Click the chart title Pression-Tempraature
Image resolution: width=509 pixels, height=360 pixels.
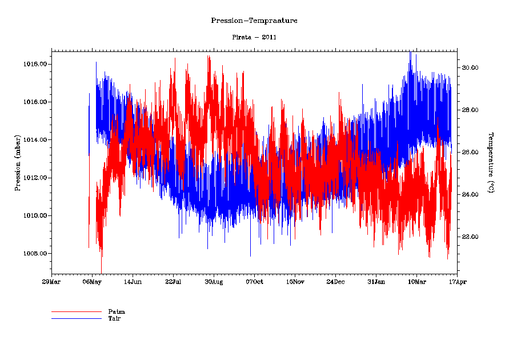coord(254,21)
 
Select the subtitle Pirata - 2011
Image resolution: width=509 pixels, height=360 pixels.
coord(254,37)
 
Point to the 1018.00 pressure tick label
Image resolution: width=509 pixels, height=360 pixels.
coord(35,64)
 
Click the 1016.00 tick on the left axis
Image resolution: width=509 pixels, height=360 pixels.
coord(35,102)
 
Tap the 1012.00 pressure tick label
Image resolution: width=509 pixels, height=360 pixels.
coord(35,178)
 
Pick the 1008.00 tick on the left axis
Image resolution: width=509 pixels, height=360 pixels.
coord(35,253)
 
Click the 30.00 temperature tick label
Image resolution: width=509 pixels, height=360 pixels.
coord(470,67)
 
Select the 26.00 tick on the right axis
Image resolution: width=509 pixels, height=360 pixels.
coord(470,152)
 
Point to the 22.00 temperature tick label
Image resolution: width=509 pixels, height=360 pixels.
coord(470,237)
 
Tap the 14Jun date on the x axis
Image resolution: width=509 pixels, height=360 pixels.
coord(133,282)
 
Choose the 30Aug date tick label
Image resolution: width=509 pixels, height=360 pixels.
coord(214,282)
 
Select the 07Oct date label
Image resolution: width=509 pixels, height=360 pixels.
coord(254,282)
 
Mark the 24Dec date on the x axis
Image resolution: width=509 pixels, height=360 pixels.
coord(335,282)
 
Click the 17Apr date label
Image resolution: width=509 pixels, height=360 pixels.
coord(456,282)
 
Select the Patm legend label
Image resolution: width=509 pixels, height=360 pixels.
coord(117,311)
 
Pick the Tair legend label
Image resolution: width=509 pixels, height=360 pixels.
coord(114,318)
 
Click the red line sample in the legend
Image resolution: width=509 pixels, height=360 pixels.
coord(76,312)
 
